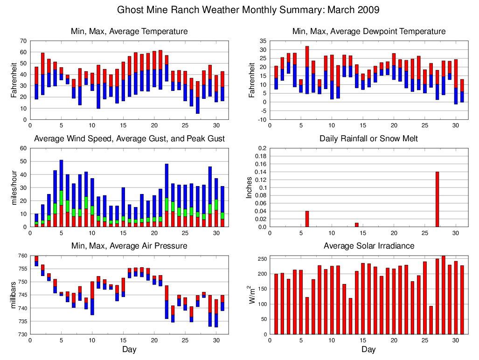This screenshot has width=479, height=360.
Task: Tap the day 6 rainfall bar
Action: pos(307,219)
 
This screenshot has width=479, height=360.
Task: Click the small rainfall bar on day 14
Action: pos(357,225)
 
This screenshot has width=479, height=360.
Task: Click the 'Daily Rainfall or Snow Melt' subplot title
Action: pos(368,138)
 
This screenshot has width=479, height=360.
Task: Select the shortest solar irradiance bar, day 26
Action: pos(431,320)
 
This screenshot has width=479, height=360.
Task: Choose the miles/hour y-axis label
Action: pos(14,187)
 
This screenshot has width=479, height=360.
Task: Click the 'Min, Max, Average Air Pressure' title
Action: pos(129,246)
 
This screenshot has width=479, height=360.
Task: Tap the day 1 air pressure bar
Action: pos(36,261)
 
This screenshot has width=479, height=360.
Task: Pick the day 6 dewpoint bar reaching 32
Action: pos(307,70)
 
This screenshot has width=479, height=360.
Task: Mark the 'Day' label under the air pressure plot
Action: pos(129,349)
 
